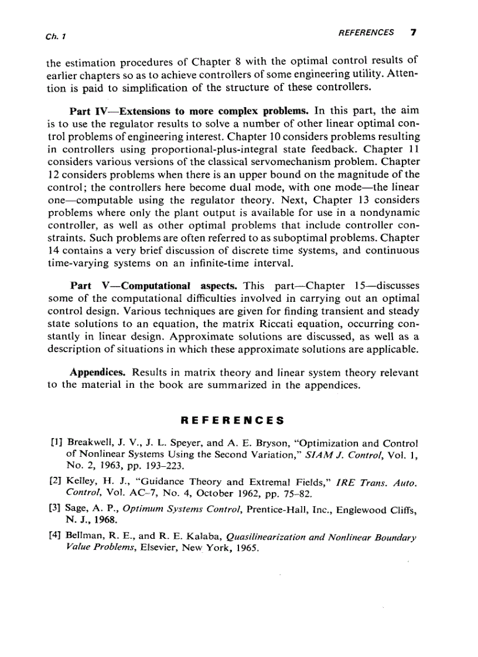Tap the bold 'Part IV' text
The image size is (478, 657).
[87, 111]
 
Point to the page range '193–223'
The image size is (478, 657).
[168, 466]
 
